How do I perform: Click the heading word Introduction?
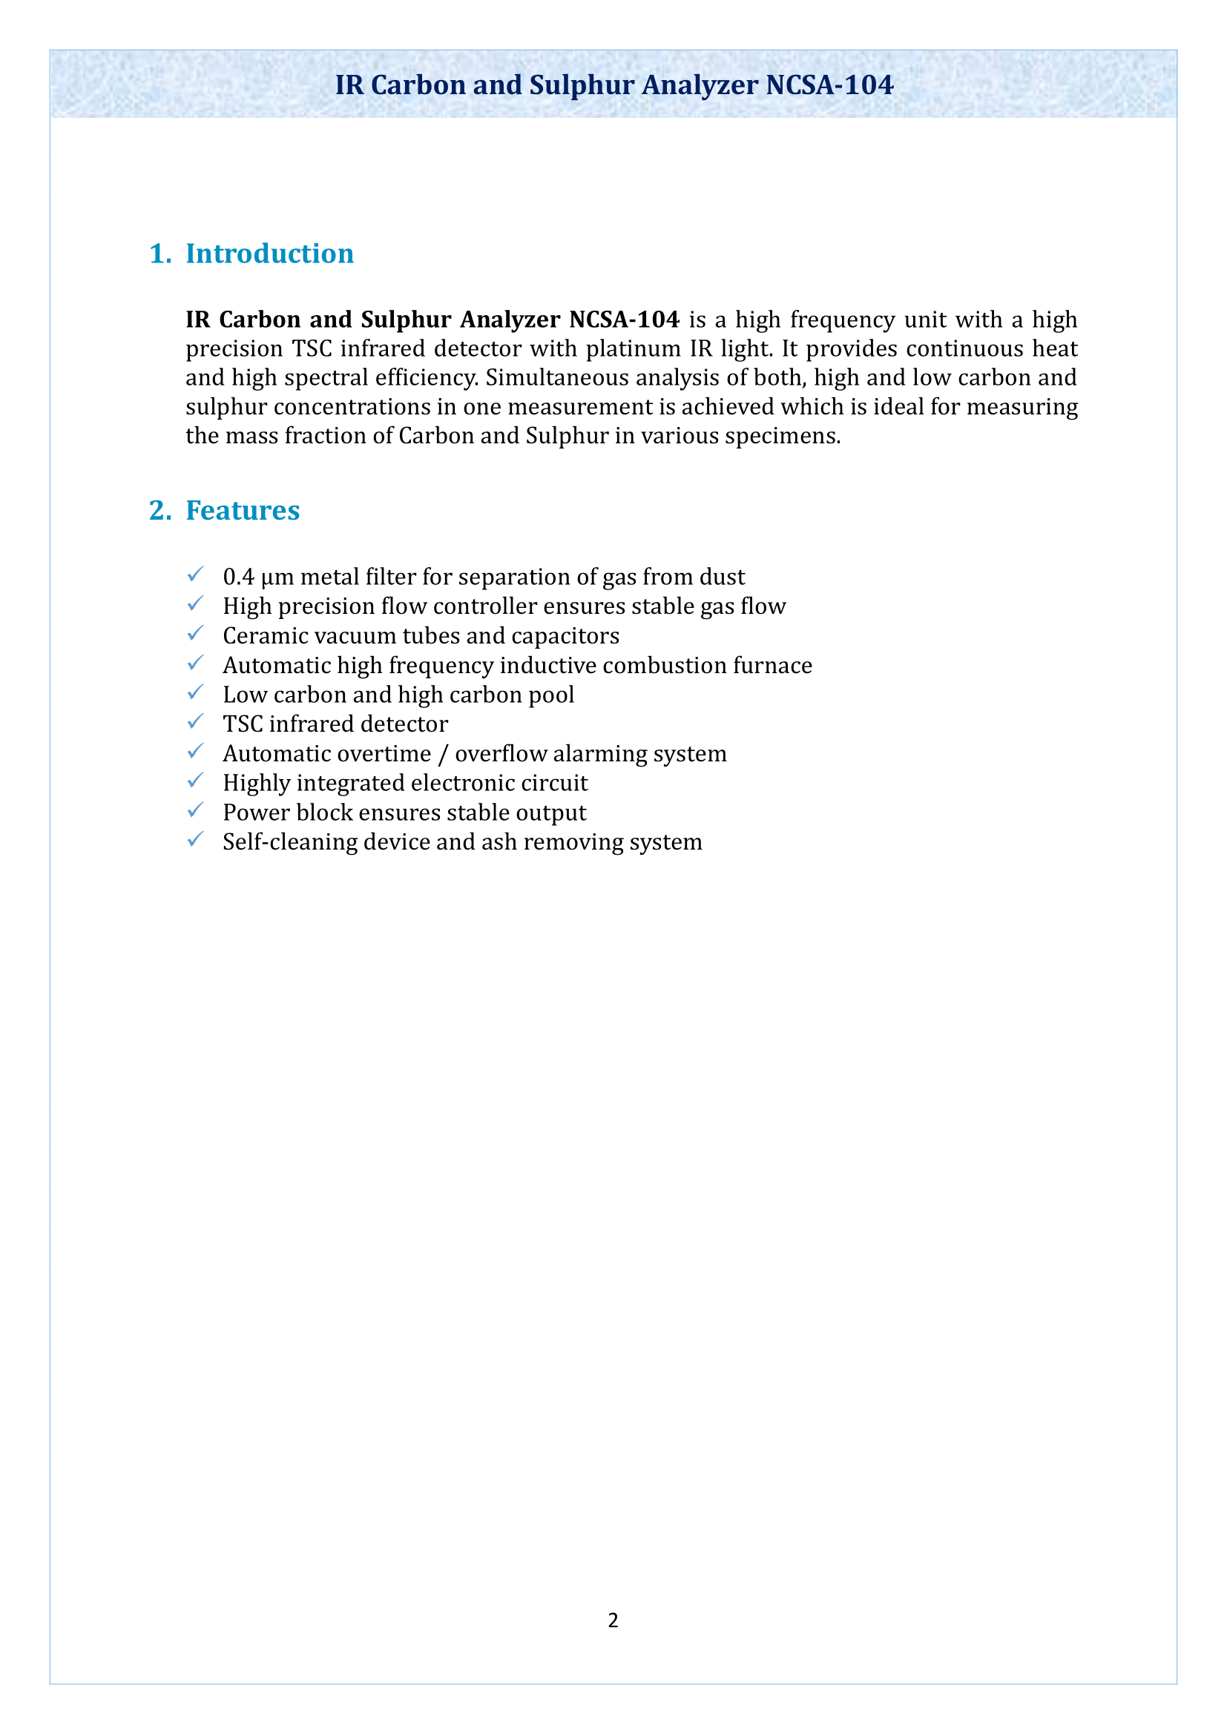(x=269, y=254)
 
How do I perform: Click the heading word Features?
(x=243, y=511)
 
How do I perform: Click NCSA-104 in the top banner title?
(x=829, y=85)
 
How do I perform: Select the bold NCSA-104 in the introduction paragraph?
(x=624, y=320)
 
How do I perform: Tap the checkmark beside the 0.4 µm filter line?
(x=195, y=575)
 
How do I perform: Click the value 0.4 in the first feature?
(x=238, y=577)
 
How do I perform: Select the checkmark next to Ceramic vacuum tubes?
(x=195, y=634)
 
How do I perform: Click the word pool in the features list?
(x=551, y=695)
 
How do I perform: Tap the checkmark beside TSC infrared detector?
(x=195, y=722)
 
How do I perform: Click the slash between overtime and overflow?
(x=443, y=754)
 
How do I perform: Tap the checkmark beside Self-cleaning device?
(x=195, y=840)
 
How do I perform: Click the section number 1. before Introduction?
(x=159, y=254)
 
